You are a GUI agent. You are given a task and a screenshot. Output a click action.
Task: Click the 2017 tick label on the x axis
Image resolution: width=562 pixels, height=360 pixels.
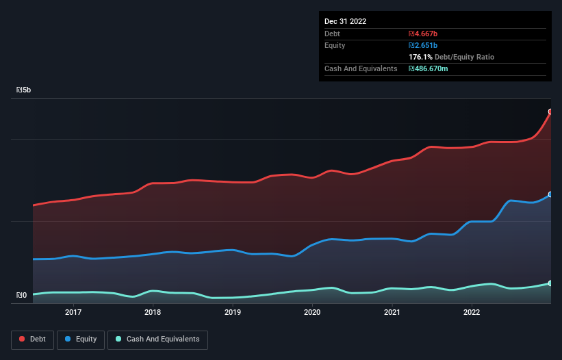[73, 313]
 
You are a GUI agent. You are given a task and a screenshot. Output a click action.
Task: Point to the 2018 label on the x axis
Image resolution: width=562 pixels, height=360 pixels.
[153, 313]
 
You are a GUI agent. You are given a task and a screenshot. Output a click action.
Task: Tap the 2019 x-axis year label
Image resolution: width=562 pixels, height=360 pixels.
[233, 313]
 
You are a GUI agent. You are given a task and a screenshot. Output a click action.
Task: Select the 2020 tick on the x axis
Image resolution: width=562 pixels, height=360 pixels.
[312, 313]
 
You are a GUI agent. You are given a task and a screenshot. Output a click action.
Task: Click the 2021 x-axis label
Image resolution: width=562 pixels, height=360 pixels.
[392, 313]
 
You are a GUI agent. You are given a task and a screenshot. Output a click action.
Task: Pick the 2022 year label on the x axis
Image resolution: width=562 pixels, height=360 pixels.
[472, 313]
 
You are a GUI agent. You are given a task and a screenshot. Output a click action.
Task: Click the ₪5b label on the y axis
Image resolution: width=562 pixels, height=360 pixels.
[23, 90]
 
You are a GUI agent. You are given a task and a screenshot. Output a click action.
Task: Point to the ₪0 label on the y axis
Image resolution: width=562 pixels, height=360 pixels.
[21, 296]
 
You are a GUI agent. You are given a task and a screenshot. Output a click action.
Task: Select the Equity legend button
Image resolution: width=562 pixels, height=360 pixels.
[81, 339]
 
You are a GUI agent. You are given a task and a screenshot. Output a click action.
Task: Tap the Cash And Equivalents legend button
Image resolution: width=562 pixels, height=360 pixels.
[157, 339]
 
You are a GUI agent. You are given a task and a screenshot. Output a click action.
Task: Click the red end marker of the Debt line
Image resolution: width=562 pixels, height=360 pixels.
[550, 112]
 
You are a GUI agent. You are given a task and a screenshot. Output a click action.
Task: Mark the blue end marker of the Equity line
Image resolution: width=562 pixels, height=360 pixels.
[550, 194]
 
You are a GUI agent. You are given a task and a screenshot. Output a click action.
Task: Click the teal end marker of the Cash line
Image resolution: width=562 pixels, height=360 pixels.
[550, 283]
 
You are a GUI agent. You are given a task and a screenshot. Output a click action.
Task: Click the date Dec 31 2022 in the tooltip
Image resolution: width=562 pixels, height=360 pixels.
[345, 21]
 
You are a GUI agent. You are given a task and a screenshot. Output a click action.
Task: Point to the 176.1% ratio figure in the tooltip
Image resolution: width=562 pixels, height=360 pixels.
[420, 57]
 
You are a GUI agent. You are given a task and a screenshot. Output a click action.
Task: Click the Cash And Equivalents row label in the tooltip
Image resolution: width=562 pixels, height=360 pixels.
[361, 68]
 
